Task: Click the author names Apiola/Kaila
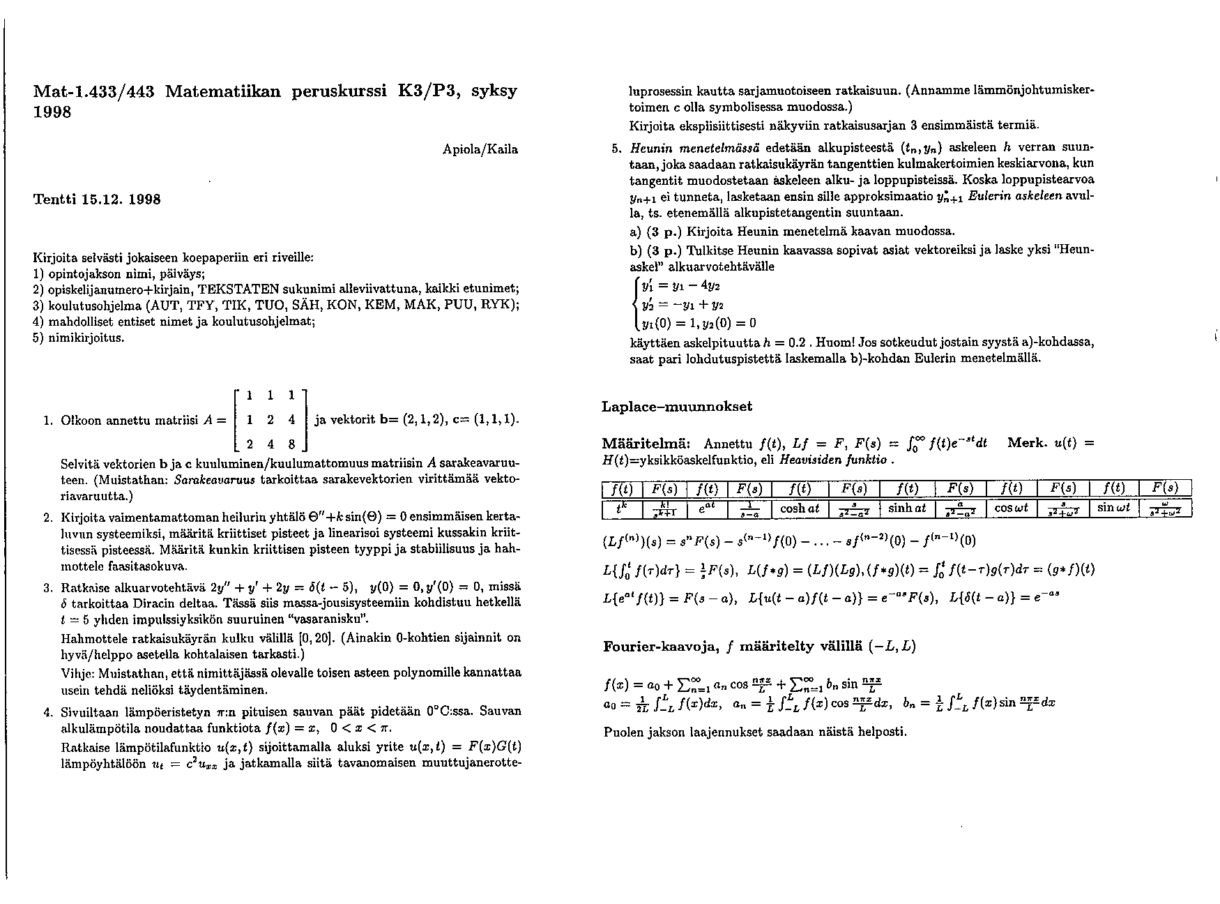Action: click(480, 149)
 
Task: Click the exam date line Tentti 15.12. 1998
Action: click(97, 199)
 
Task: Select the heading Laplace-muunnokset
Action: click(676, 406)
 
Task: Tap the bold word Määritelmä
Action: click(646, 444)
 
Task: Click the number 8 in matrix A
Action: click(291, 444)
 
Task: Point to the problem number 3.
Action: click(47, 587)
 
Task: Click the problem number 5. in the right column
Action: click(616, 149)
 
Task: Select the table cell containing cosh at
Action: click(800, 509)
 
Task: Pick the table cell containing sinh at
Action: click(907, 509)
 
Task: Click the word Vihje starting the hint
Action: click(77, 674)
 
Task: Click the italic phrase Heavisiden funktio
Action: click(834, 460)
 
